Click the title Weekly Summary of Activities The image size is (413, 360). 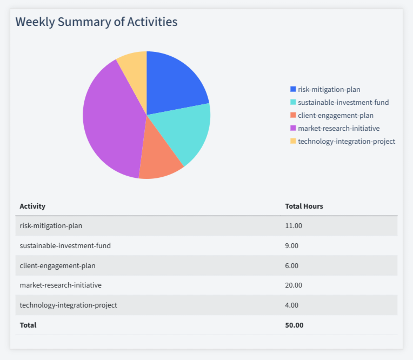pyautogui.click(x=96, y=22)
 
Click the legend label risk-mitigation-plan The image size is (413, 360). pyautogui.click(x=329, y=89)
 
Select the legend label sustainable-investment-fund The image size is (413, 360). pyautogui.click(x=343, y=102)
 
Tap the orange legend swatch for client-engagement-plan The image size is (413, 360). pyautogui.click(x=293, y=115)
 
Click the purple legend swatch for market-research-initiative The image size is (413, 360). pyautogui.click(x=293, y=128)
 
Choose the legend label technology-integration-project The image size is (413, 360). pyautogui.click(x=346, y=141)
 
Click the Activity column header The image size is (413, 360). pyautogui.click(x=32, y=206)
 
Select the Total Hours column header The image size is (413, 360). pyautogui.click(x=304, y=206)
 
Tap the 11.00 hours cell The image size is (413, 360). pyautogui.click(x=294, y=225)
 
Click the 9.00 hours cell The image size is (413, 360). pyautogui.click(x=292, y=245)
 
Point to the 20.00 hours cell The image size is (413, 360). pyautogui.click(x=294, y=285)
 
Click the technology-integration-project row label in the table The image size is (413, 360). pyautogui.click(x=68, y=305)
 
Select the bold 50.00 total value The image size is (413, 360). pyautogui.click(x=294, y=325)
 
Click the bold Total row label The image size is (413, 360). pyautogui.click(x=28, y=325)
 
